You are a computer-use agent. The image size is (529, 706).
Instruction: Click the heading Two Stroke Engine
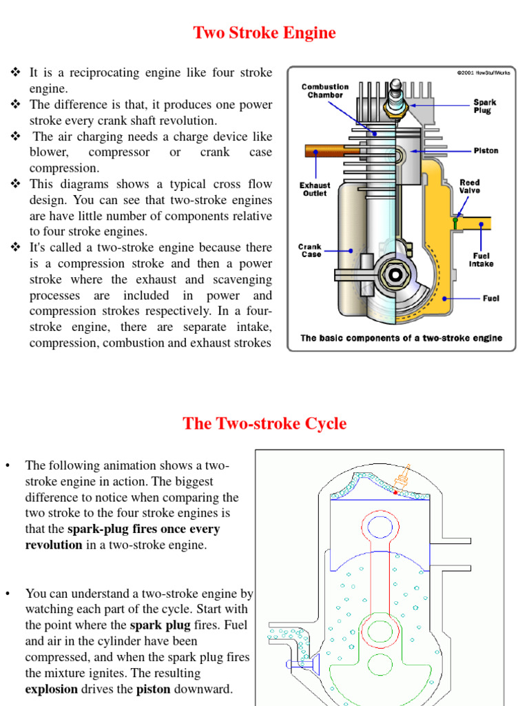point(264,33)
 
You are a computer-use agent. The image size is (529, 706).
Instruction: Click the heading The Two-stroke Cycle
point(264,423)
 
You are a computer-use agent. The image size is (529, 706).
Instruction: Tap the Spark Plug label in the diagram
point(484,106)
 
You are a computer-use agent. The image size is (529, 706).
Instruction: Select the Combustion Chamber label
point(325,91)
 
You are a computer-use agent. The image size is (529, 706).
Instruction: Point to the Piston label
point(486,150)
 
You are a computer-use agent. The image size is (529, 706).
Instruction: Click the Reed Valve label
point(470,187)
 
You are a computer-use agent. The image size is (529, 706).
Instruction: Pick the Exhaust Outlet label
point(315,190)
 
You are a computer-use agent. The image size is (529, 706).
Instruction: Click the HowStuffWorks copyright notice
point(483,72)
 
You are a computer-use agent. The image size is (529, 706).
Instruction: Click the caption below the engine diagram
point(402,338)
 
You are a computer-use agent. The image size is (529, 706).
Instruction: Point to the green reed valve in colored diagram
point(455,223)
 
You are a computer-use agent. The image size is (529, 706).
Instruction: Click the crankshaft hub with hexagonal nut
point(395,274)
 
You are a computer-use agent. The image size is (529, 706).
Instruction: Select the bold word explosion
point(52,689)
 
